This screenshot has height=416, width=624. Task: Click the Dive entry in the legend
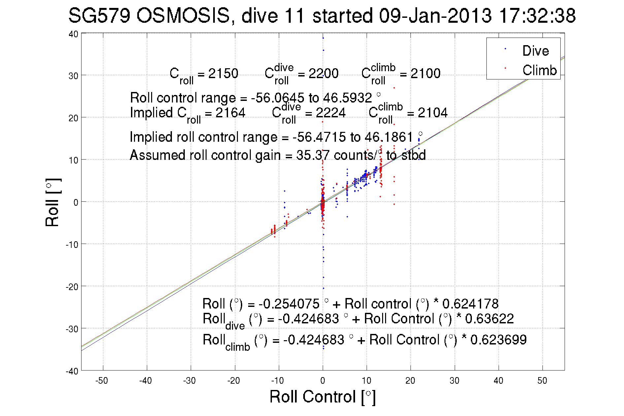[535, 51]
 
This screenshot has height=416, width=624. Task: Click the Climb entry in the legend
[539, 70]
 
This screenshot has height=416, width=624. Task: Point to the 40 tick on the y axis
[73, 34]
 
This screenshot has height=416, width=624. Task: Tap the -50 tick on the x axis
[102, 381]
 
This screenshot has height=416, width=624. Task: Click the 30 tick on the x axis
[454, 381]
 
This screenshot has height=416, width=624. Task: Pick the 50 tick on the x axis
[542, 381]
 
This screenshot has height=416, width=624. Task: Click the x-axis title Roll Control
[322, 397]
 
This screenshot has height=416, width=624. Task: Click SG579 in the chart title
[99, 15]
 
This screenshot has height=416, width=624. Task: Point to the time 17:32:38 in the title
[537, 15]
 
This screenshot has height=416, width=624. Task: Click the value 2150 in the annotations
[223, 74]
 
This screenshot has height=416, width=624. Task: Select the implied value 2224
[331, 113]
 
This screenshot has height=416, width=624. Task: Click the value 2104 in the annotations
[433, 113]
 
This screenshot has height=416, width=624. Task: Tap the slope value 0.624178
[470, 304]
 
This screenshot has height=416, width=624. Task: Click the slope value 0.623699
[498, 340]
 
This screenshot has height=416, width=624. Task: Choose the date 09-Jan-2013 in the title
[435, 15]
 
